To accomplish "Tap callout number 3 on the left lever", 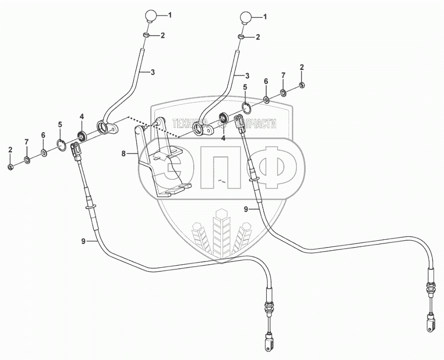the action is click(153, 73).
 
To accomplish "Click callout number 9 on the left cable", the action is click(83, 241).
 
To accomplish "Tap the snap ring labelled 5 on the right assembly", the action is click(248, 108).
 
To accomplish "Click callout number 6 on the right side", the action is click(266, 81).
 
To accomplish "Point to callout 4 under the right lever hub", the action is click(224, 138).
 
